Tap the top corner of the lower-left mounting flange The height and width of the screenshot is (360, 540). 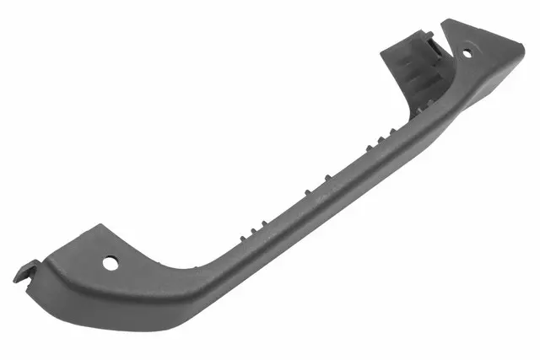[100, 225]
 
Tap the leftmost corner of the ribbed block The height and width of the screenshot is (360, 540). [381, 51]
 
